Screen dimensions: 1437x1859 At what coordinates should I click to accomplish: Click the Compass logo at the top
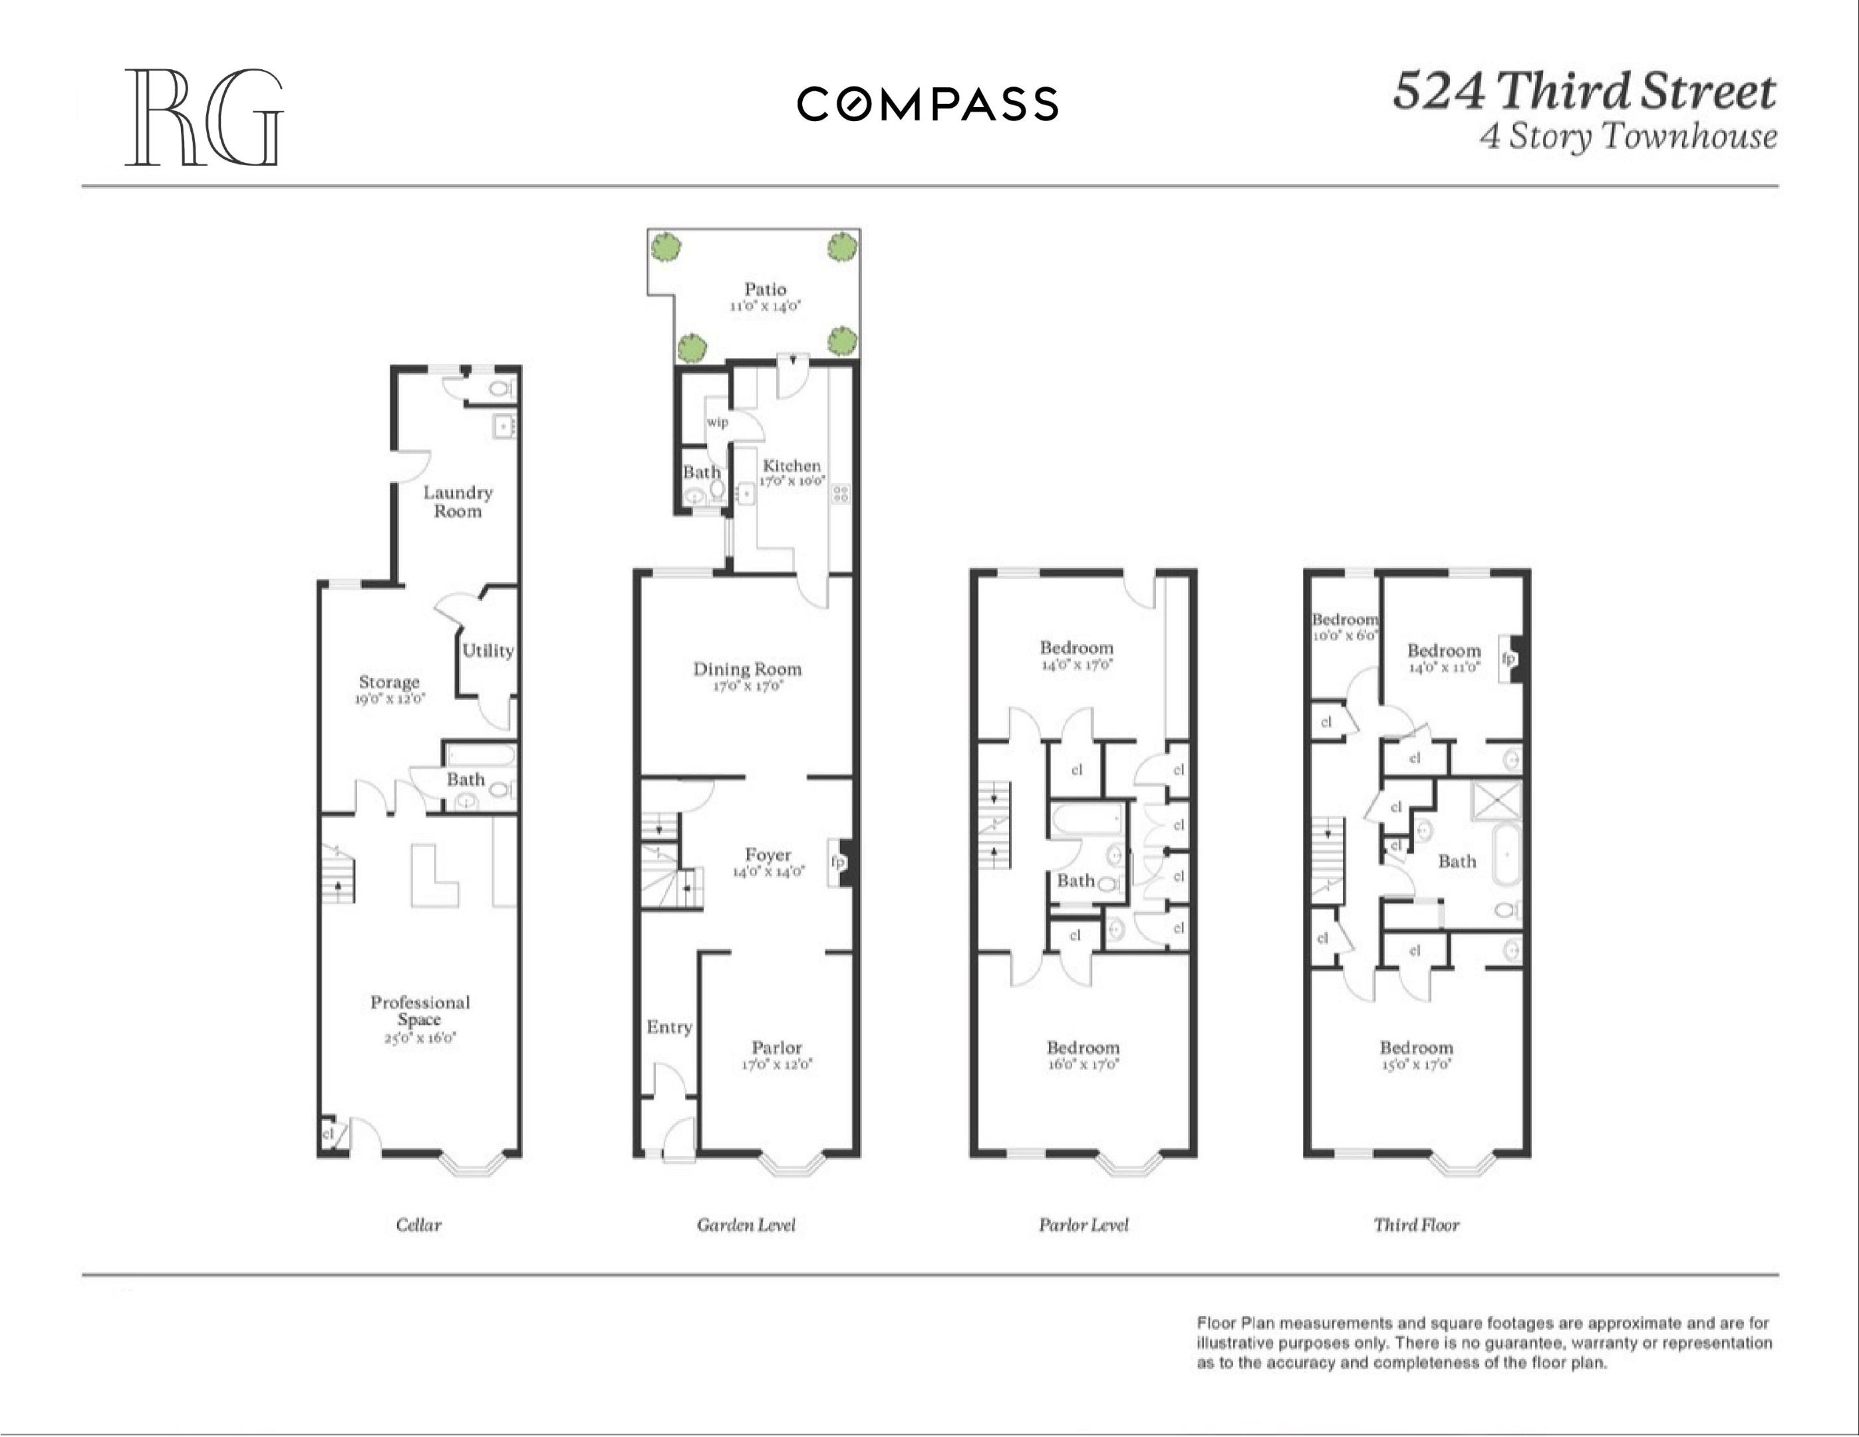927,104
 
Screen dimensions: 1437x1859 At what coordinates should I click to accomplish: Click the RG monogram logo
204,118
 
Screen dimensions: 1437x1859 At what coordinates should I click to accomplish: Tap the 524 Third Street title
1583,92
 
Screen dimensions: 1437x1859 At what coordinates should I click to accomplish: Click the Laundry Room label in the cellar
458,502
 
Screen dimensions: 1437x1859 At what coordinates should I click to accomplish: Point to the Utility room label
488,651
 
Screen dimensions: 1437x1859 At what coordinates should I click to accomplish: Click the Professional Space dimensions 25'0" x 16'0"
420,1038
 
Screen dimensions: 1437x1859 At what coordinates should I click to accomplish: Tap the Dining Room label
746,669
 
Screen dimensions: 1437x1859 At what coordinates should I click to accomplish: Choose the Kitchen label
791,466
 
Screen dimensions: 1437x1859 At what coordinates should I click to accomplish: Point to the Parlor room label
776,1047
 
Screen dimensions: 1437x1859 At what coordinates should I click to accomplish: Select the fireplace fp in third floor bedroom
1507,658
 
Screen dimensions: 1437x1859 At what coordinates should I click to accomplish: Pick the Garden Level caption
746,1224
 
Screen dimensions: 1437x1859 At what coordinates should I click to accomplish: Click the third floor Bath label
1457,861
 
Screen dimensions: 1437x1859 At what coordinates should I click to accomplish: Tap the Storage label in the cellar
389,682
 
